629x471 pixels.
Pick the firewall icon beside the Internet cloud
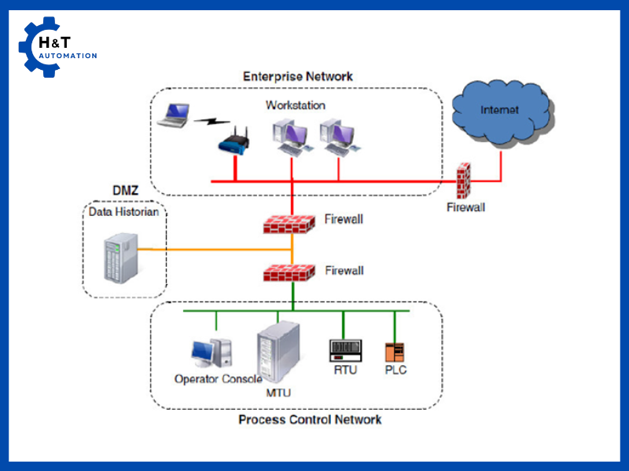click(x=465, y=181)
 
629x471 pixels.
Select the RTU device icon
click(x=344, y=351)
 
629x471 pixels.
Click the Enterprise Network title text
click(x=297, y=77)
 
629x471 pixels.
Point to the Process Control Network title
click(x=310, y=419)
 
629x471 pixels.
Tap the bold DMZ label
click(x=124, y=192)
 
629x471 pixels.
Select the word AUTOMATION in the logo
click(x=68, y=56)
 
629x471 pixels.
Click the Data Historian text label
click(x=123, y=212)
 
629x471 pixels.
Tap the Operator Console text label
click(x=218, y=379)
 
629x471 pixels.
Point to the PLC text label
click(x=395, y=370)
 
